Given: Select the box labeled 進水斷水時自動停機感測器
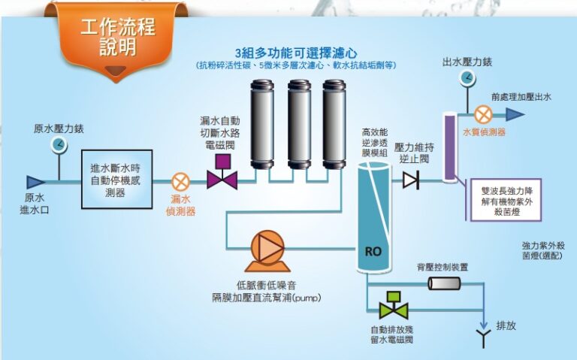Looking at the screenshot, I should [x=116, y=179].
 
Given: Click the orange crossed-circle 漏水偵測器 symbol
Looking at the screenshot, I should [x=180, y=182].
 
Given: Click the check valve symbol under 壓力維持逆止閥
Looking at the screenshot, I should [x=410, y=180].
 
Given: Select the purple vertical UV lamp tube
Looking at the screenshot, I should [x=449, y=147].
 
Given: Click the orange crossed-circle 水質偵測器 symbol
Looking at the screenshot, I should [x=484, y=114].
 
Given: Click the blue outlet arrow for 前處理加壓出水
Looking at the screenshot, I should [x=515, y=114].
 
